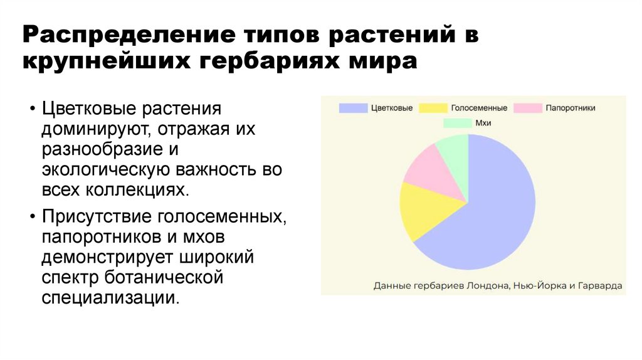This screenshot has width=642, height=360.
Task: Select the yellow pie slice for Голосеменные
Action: pyautogui.click(x=423, y=210)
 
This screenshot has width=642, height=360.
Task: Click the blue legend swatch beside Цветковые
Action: pyautogui.click(x=352, y=108)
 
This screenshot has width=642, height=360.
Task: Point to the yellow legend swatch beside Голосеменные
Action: pyautogui.click(x=433, y=108)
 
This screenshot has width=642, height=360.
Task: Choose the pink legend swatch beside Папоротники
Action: pyautogui.click(x=527, y=108)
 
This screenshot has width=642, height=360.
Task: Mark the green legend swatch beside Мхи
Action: pyautogui.click(x=456, y=123)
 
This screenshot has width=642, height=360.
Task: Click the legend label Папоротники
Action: pyautogui.click(x=570, y=108)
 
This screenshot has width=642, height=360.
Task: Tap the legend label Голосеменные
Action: pyautogui.click(x=478, y=108)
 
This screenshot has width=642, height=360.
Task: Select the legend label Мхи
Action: pyautogui.click(x=483, y=123)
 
